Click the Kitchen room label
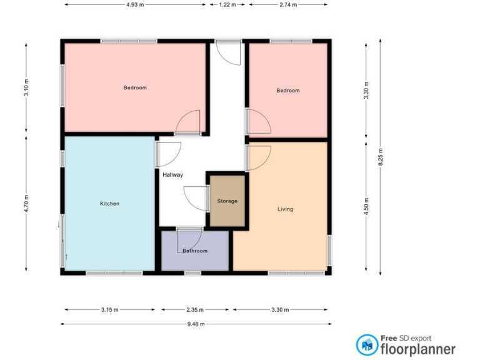tap(109, 204)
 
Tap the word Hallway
tap(172, 175)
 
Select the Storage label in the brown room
tap(227, 201)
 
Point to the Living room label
tap(285, 209)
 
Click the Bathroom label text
tap(194, 251)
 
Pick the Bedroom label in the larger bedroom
tap(135, 88)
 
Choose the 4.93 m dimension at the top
tap(135, 4)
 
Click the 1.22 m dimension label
tap(227, 4)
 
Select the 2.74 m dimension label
tap(288, 4)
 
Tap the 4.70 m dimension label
tap(26, 204)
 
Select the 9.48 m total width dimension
tap(196, 324)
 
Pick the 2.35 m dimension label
tap(195, 309)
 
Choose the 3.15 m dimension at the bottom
tap(109, 309)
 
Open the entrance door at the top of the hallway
tap(229, 52)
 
